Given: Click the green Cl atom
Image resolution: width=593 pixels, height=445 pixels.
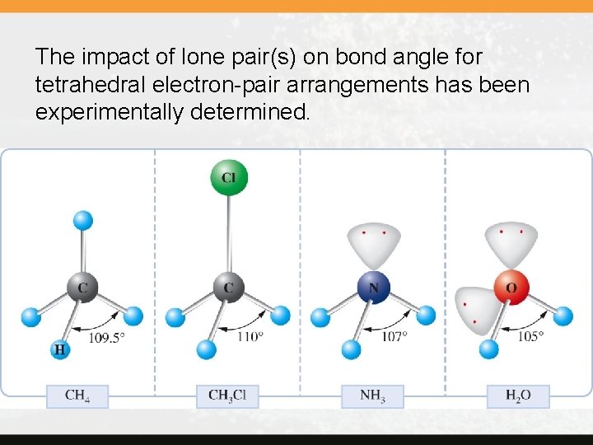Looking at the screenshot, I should pyautogui.click(x=228, y=177).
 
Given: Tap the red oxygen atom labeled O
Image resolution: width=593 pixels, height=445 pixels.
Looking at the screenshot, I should pyautogui.click(x=511, y=287).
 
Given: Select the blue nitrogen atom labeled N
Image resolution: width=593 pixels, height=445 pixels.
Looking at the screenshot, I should pyautogui.click(x=374, y=287).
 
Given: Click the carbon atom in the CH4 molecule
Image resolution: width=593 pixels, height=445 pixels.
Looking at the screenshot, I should pyautogui.click(x=82, y=288).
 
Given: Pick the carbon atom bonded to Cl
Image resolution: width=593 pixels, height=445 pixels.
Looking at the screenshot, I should pyautogui.click(x=228, y=288).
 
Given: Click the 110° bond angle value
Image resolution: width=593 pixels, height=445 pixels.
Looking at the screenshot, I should pyautogui.click(x=250, y=336).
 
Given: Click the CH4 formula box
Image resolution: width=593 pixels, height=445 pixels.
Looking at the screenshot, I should pyautogui.click(x=77, y=396).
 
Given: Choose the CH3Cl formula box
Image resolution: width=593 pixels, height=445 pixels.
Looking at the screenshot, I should pyautogui.click(x=227, y=396).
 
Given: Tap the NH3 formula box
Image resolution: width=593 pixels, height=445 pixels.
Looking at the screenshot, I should pyautogui.click(x=372, y=396).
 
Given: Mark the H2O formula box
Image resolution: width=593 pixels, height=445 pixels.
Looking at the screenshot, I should pyautogui.click(x=518, y=396).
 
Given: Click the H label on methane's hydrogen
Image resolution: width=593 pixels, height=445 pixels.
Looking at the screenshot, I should pyautogui.click(x=60, y=350).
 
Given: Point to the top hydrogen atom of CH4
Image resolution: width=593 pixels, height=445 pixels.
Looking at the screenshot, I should pyautogui.click(x=82, y=220).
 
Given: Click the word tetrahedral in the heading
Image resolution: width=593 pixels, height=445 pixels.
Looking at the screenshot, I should pyautogui.click(x=88, y=85).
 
